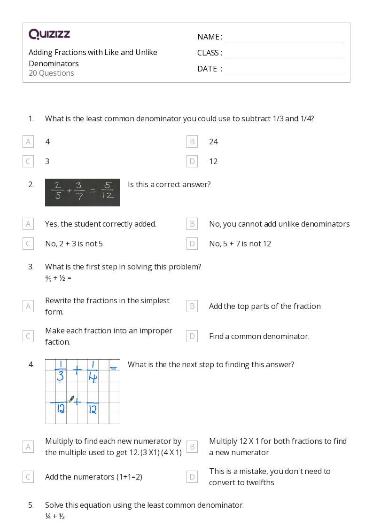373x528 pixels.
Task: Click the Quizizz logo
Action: click(49, 34)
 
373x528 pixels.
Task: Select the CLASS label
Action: click(210, 53)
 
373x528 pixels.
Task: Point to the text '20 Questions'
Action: click(51, 73)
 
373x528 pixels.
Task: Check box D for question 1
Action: click(192, 161)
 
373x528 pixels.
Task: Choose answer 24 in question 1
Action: click(213, 142)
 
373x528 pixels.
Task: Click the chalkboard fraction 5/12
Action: click(108, 191)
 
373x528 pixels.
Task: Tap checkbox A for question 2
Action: click(28, 224)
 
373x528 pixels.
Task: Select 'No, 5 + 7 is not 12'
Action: click(240, 244)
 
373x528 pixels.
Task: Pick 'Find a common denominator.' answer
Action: click(259, 336)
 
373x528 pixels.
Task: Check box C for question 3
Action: click(28, 336)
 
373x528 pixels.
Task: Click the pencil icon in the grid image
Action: click(71, 399)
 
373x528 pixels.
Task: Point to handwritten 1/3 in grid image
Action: click(60, 370)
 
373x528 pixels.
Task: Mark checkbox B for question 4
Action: click(192, 447)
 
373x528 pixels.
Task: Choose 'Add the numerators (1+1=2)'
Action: click(93, 477)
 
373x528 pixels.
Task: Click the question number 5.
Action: click(31, 505)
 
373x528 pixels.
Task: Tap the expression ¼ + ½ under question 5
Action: click(55, 516)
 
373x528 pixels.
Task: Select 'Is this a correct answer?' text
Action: click(169, 184)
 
